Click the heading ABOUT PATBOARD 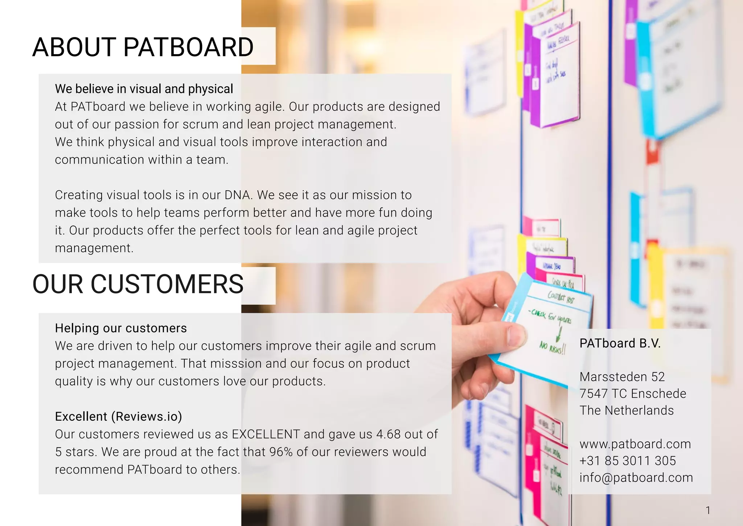point(143,47)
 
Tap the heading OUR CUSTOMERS point(138,284)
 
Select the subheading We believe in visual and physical point(144,89)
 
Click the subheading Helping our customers point(121,328)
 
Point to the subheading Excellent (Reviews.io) point(118,416)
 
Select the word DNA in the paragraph point(238,195)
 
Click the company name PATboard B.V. point(620,343)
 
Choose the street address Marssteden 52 point(622,377)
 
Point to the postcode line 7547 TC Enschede point(633,393)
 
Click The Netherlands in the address point(627,410)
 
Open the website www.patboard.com point(635,444)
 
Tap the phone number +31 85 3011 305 point(628,461)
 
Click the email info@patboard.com point(636,477)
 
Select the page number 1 point(708,510)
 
